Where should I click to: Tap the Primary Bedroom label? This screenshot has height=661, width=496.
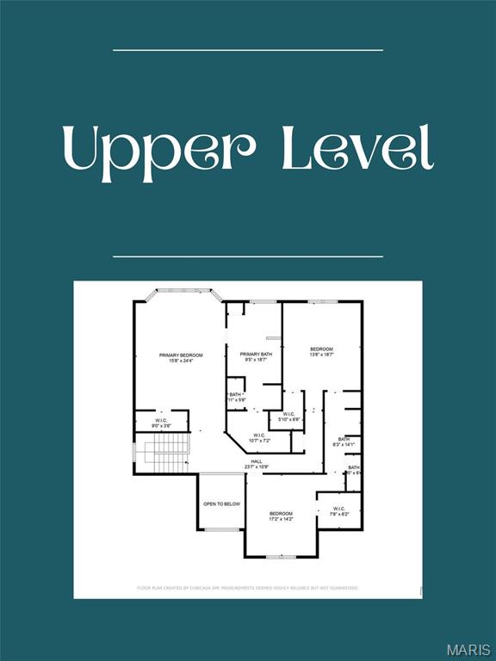tap(181, 358)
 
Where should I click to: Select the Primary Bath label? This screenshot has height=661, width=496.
tap(255, 357)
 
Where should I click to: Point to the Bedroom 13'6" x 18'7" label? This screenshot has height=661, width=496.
tap(321, 351)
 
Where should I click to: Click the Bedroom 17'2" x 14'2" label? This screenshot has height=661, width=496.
tap(281, 516)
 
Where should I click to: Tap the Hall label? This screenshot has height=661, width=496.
tap(256, 465)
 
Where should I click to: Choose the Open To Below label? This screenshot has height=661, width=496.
tap(221, 503)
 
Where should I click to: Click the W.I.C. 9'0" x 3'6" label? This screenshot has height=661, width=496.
tap(161, 423)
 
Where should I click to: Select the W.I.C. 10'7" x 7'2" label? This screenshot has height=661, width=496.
tap(259, 438)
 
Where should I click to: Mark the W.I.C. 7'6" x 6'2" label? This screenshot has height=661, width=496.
tap(338, 510)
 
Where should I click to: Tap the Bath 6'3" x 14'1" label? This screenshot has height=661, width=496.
tap(343, 442)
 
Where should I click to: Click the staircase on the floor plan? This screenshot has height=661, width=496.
tap(165, 452)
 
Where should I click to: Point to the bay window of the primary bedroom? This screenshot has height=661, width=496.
tap(181, 291)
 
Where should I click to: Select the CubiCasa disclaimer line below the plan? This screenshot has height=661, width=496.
tap(247, 588)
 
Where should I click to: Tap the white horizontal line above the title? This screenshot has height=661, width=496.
tap(248, 50)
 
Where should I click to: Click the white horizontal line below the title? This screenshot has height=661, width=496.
tap(248, 256)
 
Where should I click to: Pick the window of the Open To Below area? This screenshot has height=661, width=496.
tap(221, 529)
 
